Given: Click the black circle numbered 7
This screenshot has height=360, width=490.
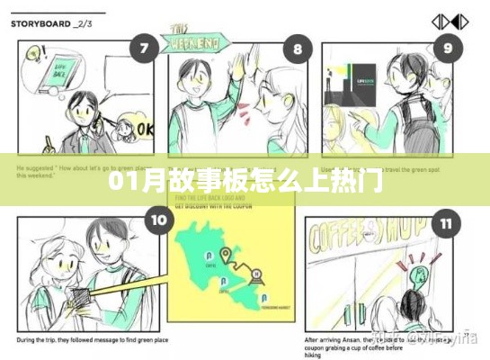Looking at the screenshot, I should point(141,49).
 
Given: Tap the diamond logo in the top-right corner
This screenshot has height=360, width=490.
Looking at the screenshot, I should point(449,22).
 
